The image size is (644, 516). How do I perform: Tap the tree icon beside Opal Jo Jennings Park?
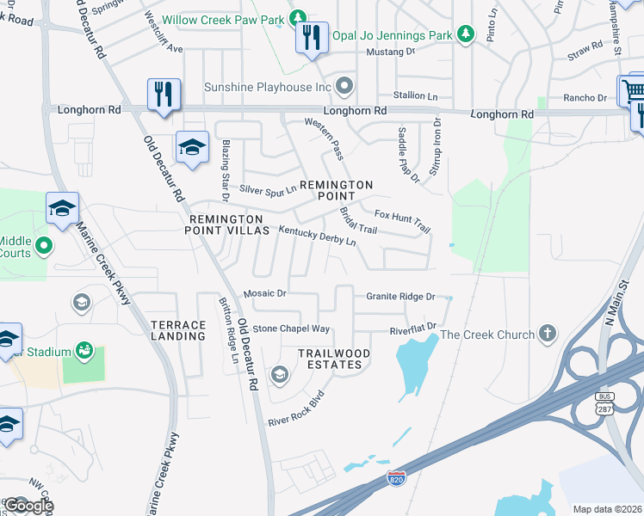click(466, 34)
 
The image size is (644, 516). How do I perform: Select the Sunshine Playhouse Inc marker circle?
click(345, 86)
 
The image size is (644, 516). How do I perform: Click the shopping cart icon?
click(633, 89)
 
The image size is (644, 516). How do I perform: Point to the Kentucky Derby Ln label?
click(317, 236)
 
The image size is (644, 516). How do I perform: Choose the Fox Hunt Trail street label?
click(402, 221)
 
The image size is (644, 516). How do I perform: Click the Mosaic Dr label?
click(264, 293)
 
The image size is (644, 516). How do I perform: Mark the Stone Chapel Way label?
click(291, 329)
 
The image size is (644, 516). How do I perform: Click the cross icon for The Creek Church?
click(547, 334)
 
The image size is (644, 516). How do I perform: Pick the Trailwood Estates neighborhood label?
click(334, 359)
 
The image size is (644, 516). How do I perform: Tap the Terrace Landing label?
click(178, 330)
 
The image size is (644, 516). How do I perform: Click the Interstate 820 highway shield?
click(396, 476)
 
